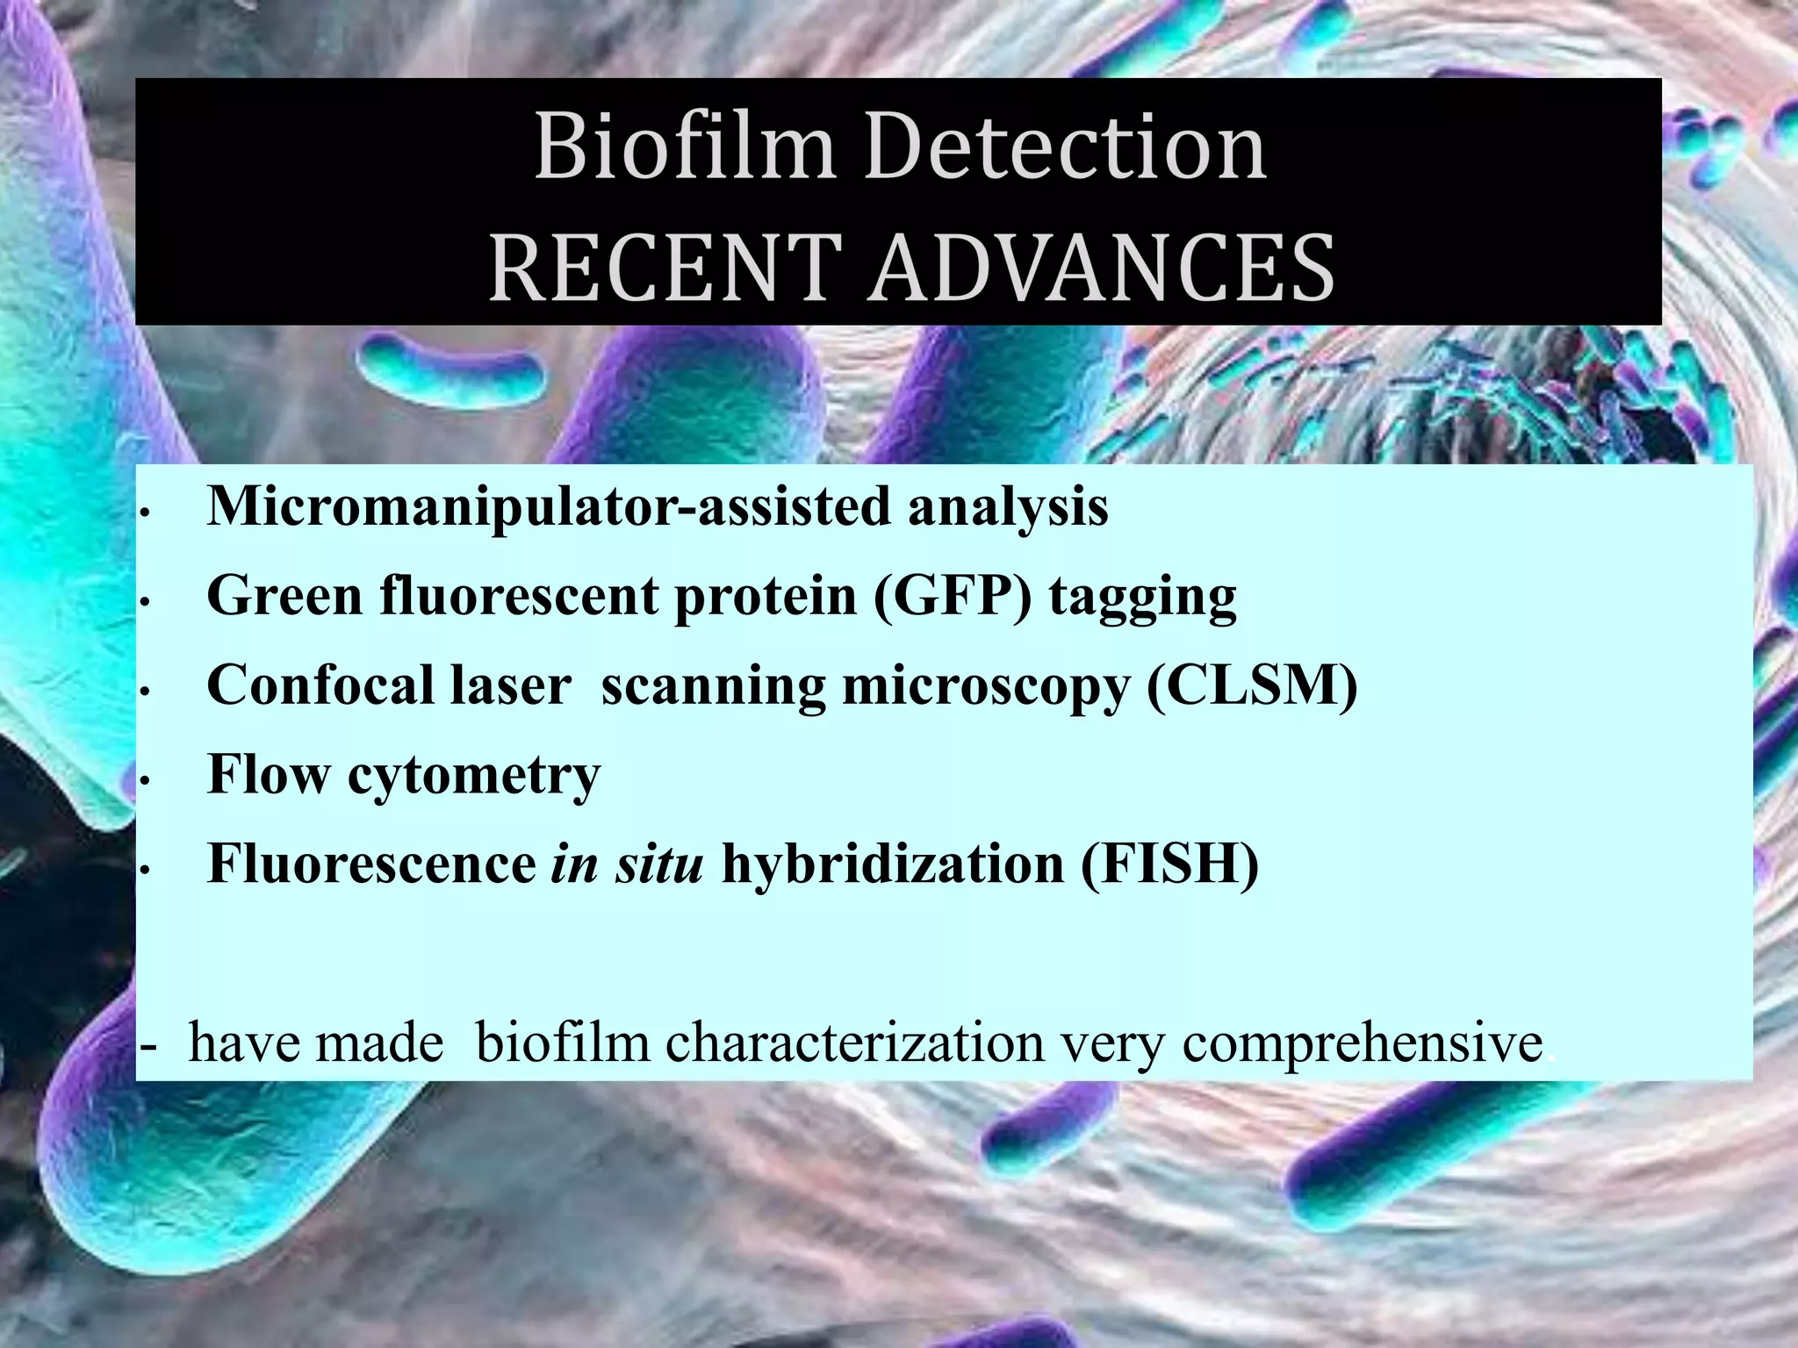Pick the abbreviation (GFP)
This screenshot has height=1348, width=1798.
pyautogui.click(x=953, y=597)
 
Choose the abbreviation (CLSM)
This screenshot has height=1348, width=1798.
pyautogui.click(x=1252, y=685)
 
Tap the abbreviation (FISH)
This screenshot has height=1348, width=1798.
pyautogui.click(x=1169, y=864)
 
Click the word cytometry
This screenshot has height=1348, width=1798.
pyautogui.click(x=474, y=777)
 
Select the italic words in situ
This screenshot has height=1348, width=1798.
pyautogui.click(x=627, y=864)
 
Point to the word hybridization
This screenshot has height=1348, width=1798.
pyautogui.click(x=892, y=864)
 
